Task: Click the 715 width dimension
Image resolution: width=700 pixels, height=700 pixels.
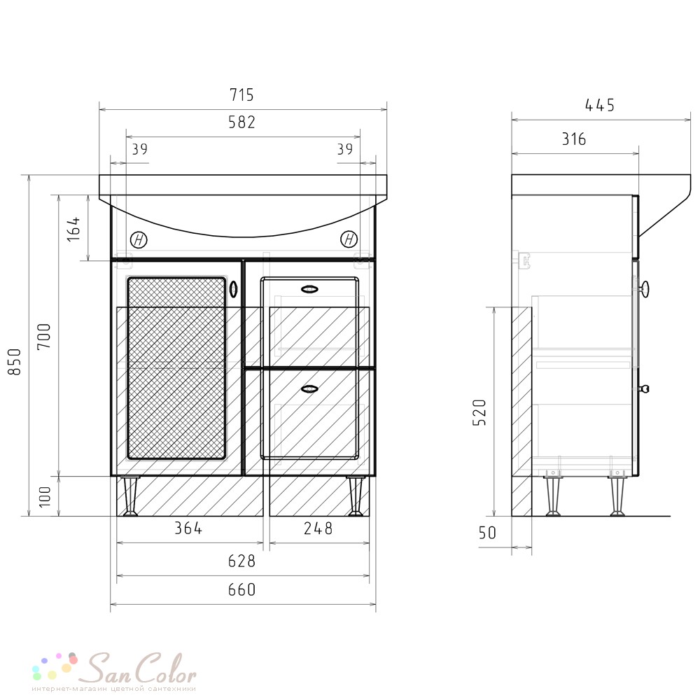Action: pos(241,95)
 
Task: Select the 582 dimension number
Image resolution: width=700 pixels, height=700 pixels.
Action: pos(241,122)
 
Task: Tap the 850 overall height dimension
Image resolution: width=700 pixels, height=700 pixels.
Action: pos(15,362)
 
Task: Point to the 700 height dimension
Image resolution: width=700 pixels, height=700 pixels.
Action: pos(44,337)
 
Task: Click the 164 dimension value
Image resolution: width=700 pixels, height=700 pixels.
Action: pos(73,229)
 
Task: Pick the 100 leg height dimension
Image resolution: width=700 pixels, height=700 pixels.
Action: pos(45,496)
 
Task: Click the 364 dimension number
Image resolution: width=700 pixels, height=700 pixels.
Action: pos(188,528)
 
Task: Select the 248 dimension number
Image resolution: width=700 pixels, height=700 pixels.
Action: pos(318,528)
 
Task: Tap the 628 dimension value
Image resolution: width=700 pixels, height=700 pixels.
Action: pos(241,561)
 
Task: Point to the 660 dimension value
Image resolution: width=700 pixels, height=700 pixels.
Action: pos(241,589)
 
